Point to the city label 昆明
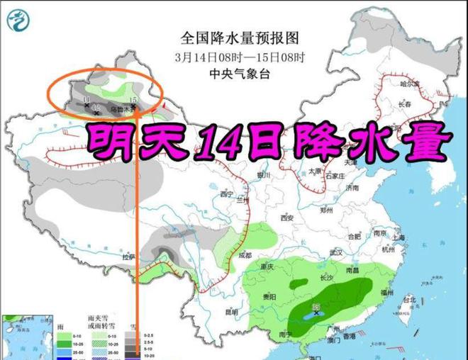(x=231, y=311)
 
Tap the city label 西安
(x=286, y=218)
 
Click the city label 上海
(x=397, y=237)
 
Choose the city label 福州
(x=387, y=292)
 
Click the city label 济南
(x=353, y=188)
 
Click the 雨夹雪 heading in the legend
(x=95, y=322)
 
